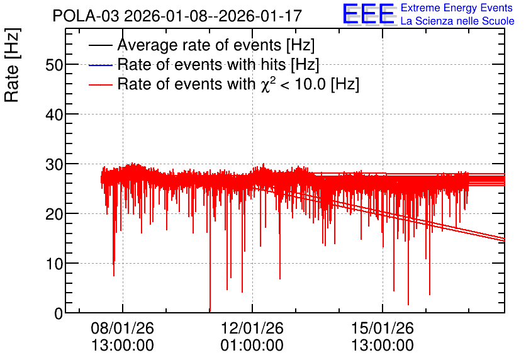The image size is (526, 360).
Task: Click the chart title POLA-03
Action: click(85, 16)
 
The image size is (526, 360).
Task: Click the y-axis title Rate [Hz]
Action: click(13, 65)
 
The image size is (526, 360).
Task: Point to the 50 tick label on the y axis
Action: click(54, 65)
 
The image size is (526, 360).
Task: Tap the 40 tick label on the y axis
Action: click(54, 115)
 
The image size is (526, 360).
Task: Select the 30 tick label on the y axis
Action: click(54, 164)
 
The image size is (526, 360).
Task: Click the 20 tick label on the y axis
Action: click(54, 214)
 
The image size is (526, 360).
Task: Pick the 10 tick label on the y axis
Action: click(54, 264)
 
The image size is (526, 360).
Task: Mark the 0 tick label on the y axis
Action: click(59, 313)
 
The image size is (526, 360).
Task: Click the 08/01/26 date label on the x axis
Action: click(123, 328)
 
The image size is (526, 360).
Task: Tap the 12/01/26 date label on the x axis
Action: click(252, 328)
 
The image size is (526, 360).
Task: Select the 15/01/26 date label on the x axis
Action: click(383, 328)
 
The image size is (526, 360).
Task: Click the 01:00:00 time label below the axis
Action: click(252, 346)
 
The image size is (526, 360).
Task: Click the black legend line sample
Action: click(101, 45)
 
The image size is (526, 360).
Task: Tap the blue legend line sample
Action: click(101, 65)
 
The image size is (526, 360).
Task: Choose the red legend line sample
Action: click(101, 84)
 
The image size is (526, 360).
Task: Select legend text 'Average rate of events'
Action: click(199, 45)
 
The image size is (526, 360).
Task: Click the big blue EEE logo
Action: click(369, 14)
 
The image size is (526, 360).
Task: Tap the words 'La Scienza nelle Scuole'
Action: click(457, 21)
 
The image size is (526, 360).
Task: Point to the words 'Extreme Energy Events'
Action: click(457, 8)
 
